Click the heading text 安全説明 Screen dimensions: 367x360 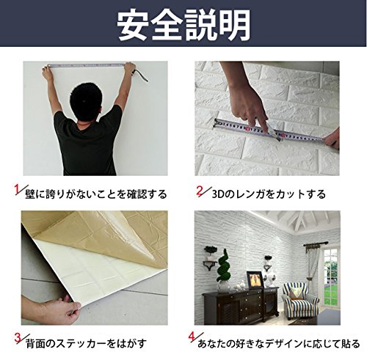click(x=184, y=25)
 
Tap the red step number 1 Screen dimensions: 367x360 click(x=17, y=189)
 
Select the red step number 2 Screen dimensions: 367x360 click(x=200, y=191)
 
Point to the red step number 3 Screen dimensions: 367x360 click(x=18, y=339)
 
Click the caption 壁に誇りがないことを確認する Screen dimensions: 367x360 click(x=96, y=194)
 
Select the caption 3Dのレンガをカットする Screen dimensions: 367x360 click(x=269, y=194)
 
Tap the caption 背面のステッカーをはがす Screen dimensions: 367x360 click(x=86, y=344)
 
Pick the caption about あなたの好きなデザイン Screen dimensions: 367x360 click(x=279, y=344)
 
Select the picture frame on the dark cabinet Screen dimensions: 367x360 click(x=254, y=279)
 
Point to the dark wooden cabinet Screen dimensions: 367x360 click(x=240, y=303)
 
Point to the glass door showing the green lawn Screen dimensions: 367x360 click(x=331, y=277)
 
